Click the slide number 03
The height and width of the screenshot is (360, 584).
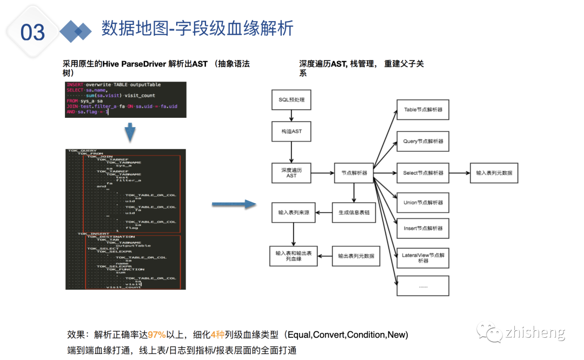tap(32, 32)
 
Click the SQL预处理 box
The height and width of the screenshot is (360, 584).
tap(291, 100)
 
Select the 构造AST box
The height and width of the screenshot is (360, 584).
tap(291, 131)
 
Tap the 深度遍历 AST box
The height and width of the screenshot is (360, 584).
tap(291, 173)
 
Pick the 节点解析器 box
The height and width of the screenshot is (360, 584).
tap(354, 173)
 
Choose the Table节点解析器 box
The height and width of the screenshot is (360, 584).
tap(423, 110)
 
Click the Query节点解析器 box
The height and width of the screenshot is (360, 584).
tap(423, 141)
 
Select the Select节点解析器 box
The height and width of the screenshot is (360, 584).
tap(423, 173)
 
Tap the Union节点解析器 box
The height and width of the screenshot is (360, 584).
tap(423, 203)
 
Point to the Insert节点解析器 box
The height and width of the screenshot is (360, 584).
tap(423, 228)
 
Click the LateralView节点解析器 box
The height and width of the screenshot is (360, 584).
tap(423, 257)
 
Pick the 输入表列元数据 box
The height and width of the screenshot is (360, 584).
tap(494, 173)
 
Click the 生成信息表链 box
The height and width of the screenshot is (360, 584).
tap(354, 212)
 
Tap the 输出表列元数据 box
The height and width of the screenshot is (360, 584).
tap(356, 256)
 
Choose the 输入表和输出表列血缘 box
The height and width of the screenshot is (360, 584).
tap(294, 256)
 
